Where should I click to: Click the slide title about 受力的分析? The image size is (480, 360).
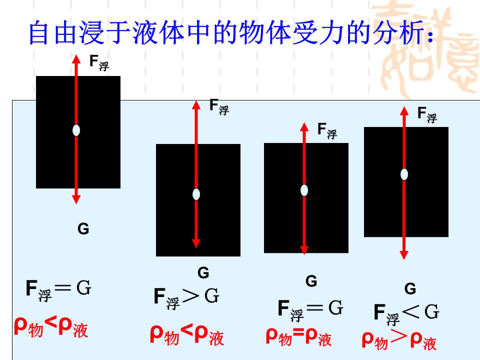tap(230, 33)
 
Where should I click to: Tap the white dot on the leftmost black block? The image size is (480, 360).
tap(76, 130)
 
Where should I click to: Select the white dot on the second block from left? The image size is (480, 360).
tap(196, 194)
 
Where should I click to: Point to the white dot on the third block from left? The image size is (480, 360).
tap(304, 190)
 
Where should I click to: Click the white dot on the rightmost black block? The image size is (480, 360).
tap(404, 174)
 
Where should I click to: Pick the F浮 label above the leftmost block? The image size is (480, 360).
tap(98, 62)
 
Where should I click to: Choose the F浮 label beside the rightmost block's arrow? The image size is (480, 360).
tap(427, 114)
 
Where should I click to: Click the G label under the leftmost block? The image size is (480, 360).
tap(83, 229)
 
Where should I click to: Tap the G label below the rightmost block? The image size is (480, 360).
tap(410, 288)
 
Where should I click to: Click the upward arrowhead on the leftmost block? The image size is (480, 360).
tap(76, 58)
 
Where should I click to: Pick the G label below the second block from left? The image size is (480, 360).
tap(203, 272)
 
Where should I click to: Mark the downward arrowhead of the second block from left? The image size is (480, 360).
tap(196, 243)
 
